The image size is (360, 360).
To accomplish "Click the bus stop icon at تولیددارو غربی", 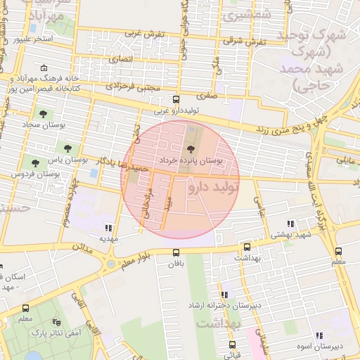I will tap(176, 99).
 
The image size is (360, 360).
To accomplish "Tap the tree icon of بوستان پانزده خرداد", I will tap(190, 148).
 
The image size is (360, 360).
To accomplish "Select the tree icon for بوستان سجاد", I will tap(44, 113).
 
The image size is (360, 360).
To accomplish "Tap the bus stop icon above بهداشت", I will tap(246, 247).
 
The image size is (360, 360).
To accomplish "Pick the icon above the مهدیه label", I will tap(108, 227).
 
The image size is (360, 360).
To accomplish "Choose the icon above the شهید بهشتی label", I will tap(291, 224).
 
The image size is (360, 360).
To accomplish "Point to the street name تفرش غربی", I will tap(145, 34).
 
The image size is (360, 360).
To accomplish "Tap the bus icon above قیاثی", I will tap(233, 345).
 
